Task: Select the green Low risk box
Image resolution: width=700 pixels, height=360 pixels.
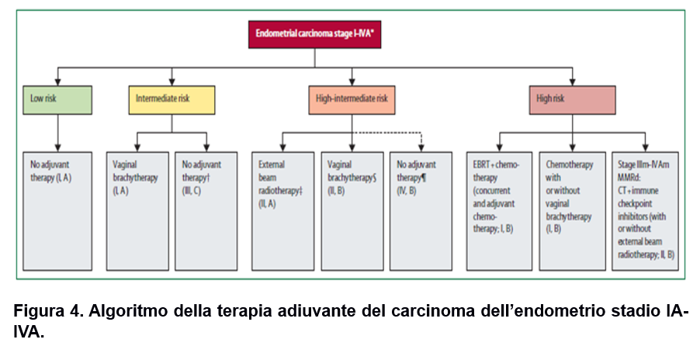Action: pos(58,99)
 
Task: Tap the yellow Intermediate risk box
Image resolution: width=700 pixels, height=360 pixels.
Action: pos(172,99)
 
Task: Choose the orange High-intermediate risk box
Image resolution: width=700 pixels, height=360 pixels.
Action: pos(352,99)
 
